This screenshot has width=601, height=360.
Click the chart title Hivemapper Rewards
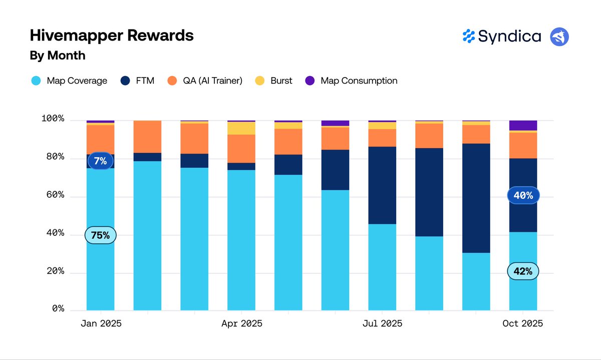112,36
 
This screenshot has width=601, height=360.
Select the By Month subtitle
58,56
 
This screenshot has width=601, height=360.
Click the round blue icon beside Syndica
559,37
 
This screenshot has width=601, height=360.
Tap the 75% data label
100,235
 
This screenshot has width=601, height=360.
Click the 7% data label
100,161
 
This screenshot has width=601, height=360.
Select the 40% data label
523,195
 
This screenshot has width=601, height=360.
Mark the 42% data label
523,271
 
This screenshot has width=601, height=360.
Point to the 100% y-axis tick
53,119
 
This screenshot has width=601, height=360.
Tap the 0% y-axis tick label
58,309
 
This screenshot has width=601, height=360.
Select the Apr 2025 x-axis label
241,324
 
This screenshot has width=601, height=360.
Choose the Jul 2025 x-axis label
382,324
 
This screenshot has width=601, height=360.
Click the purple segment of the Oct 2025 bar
523,125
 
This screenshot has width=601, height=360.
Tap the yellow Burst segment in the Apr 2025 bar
241,128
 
